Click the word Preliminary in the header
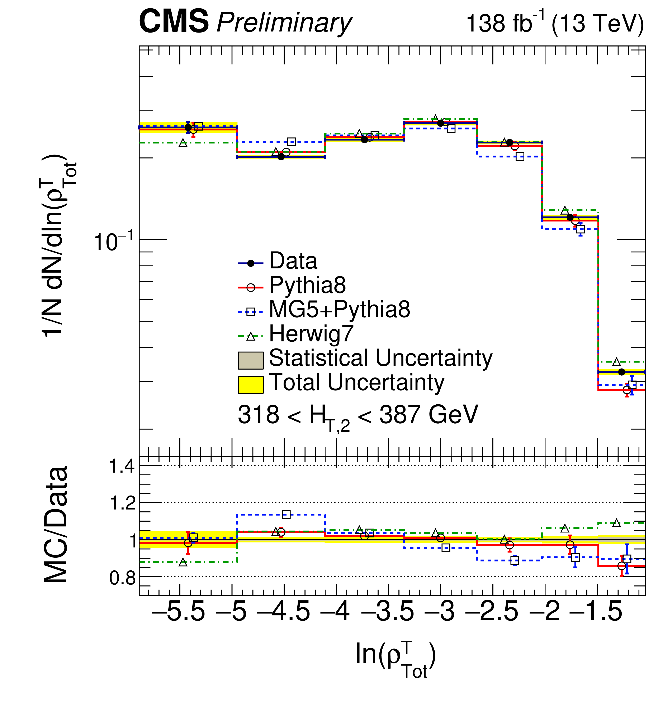tap(284, 23)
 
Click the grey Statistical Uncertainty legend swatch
tap(250, 360)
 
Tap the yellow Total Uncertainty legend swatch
tap(250, 385)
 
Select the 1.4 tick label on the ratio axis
tap(122, 467)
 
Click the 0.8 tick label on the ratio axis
tap(122, 578)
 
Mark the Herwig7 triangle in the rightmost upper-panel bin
tap(616, 362)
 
